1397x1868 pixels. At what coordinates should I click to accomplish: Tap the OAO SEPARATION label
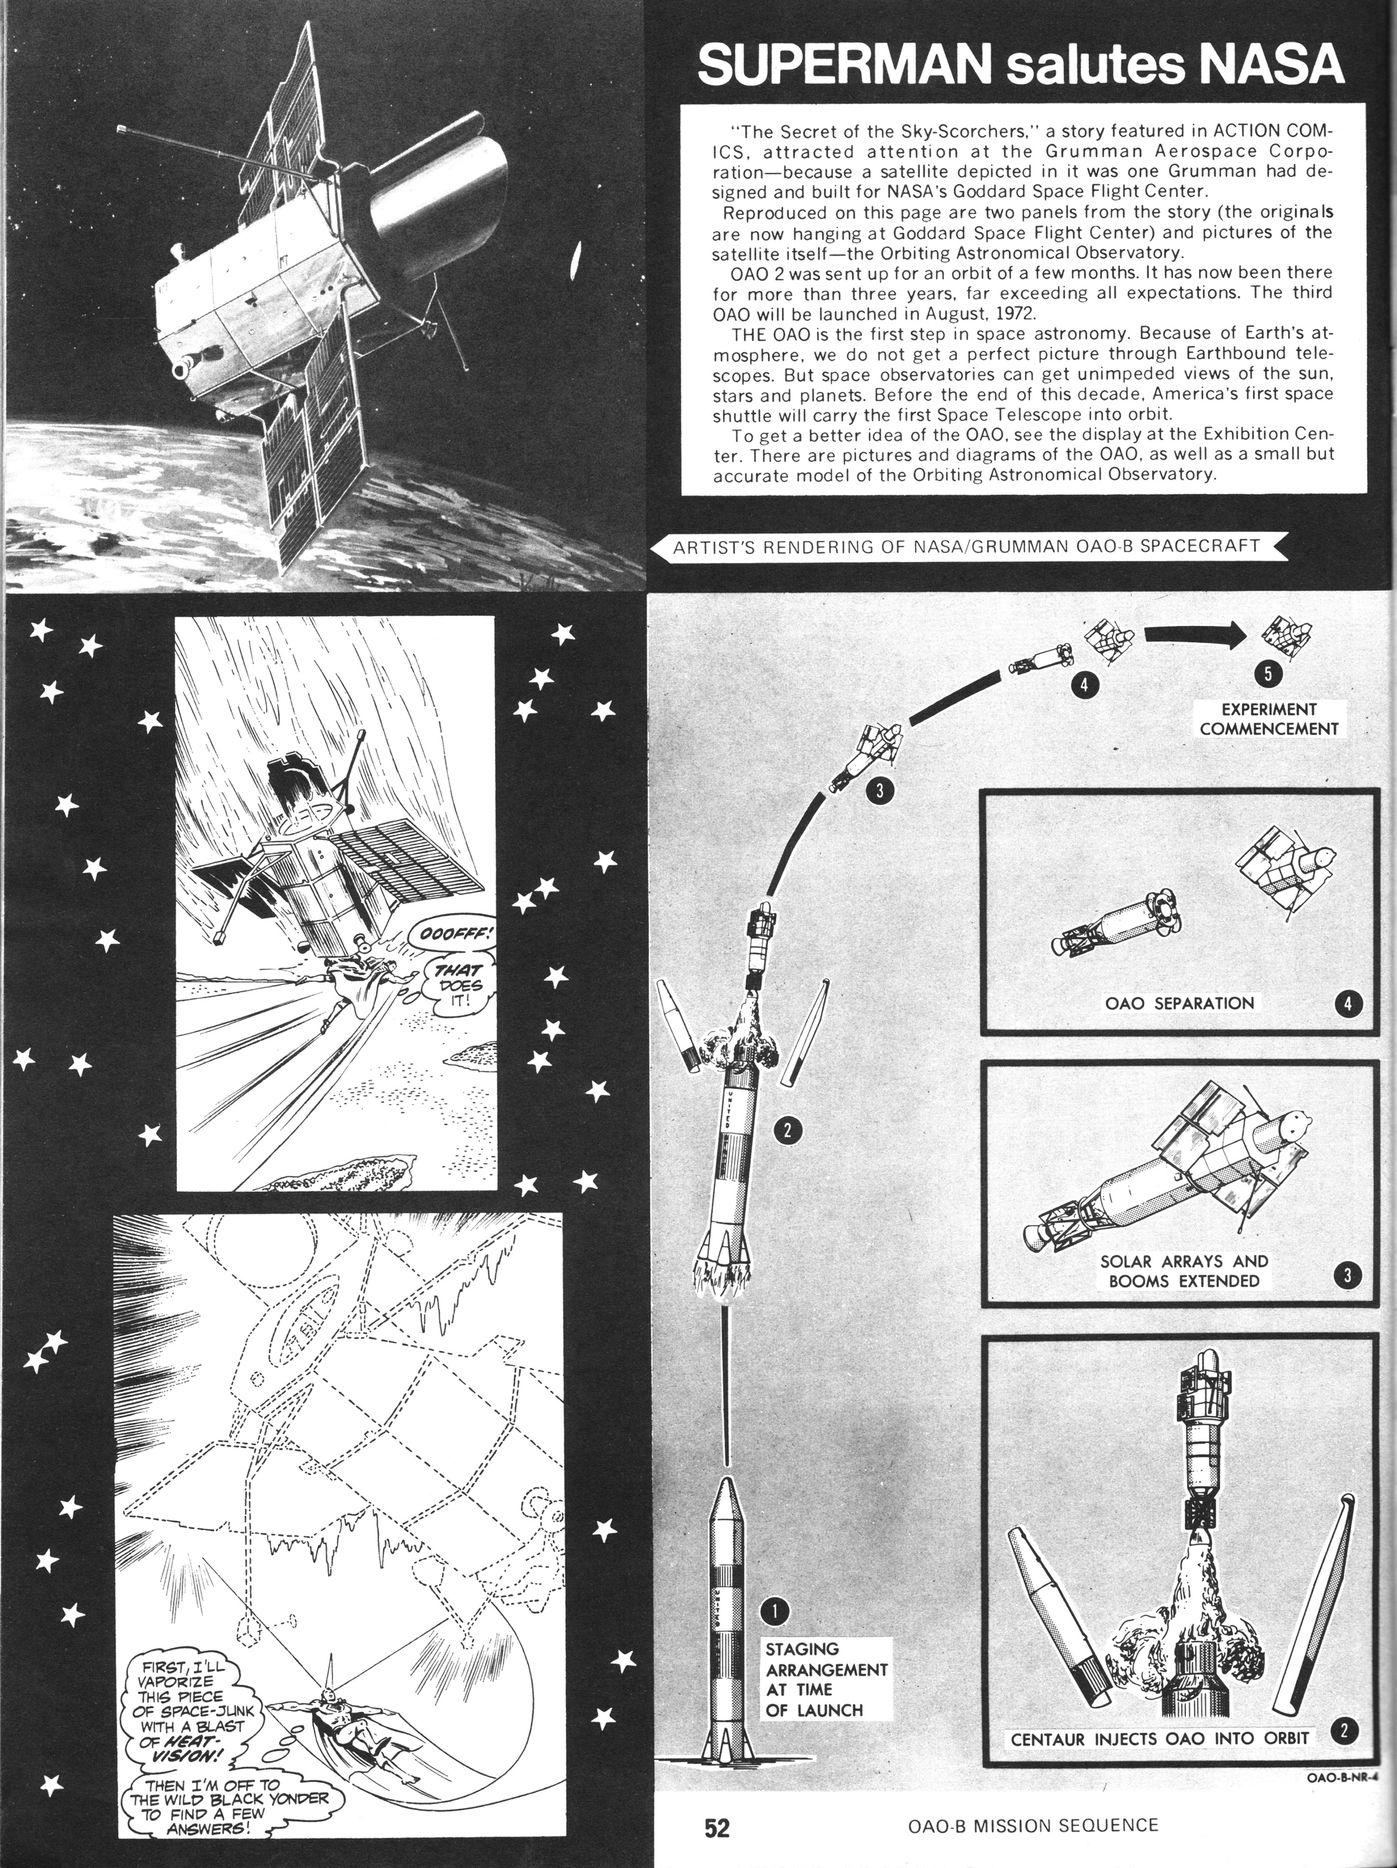tap(1179, 1003)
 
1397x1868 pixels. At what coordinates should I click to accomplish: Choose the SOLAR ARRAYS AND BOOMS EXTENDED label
tap(1184, 1295)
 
